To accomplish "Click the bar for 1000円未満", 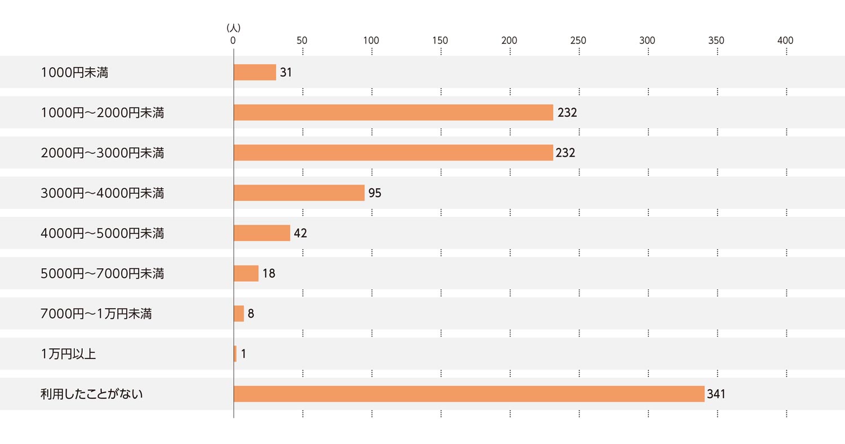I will pos(255,72).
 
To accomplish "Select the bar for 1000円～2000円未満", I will pos(393,113).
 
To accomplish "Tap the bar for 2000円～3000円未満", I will pos(393,153).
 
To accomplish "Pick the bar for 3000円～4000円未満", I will pos(299,193).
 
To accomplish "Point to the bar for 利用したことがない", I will pos(469,394).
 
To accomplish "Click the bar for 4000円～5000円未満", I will pos(262,233).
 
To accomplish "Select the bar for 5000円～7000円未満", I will pos(246,273).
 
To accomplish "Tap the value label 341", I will pos(716,394).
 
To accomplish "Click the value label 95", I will pos(375,193).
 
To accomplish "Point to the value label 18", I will pos(269,273).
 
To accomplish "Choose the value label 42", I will pos(300,233).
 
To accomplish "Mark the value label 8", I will pos(251,314).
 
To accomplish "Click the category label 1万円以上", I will pos(68,354).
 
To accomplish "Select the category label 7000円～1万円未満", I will pos(96,314).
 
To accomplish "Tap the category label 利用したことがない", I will pos(92,394).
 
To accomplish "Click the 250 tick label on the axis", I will pos(578,41).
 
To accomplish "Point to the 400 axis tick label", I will pos(785,41).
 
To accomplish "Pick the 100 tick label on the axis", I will pos(371,41).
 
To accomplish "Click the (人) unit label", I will pos(233,28).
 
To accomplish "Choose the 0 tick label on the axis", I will pos(233,41).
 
